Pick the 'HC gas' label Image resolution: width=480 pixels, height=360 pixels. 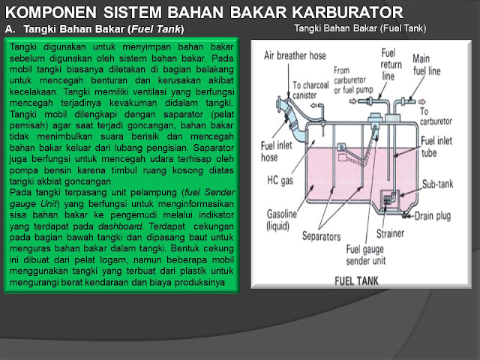pos(280,179)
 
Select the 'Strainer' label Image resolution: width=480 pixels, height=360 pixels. pos(391,233)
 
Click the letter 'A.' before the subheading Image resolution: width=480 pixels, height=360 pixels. pos(10,29)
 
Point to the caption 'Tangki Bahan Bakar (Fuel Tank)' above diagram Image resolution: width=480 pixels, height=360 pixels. pos(360,28)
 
